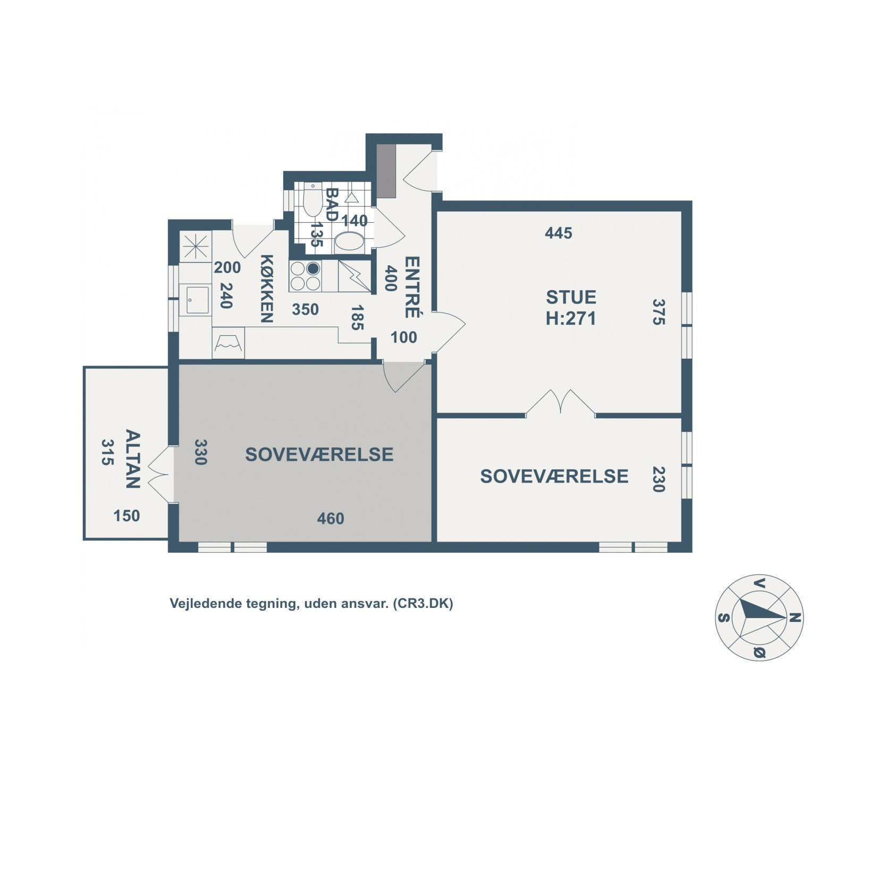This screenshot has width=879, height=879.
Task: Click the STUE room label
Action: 571,297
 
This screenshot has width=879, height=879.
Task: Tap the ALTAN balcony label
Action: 132,459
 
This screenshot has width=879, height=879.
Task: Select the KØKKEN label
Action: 266,289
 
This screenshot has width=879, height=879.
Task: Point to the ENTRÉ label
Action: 412,287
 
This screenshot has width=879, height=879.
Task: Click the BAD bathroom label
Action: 332,204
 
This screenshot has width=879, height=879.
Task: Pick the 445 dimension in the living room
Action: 559,233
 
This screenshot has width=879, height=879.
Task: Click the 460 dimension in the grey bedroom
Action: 331,518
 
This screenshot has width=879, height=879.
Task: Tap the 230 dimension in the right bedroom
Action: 658,479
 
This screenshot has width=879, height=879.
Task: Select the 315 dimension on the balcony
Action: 108,452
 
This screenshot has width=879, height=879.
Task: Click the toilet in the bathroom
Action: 312,201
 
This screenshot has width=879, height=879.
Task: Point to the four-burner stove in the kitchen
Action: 305,276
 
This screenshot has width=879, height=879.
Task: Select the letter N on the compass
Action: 795,618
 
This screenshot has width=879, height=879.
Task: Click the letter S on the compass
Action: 723,618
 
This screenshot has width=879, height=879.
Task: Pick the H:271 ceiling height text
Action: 571,318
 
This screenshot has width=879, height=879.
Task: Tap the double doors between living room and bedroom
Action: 561,402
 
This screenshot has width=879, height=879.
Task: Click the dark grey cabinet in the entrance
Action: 386,171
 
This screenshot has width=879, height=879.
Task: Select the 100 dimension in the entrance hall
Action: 403,337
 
